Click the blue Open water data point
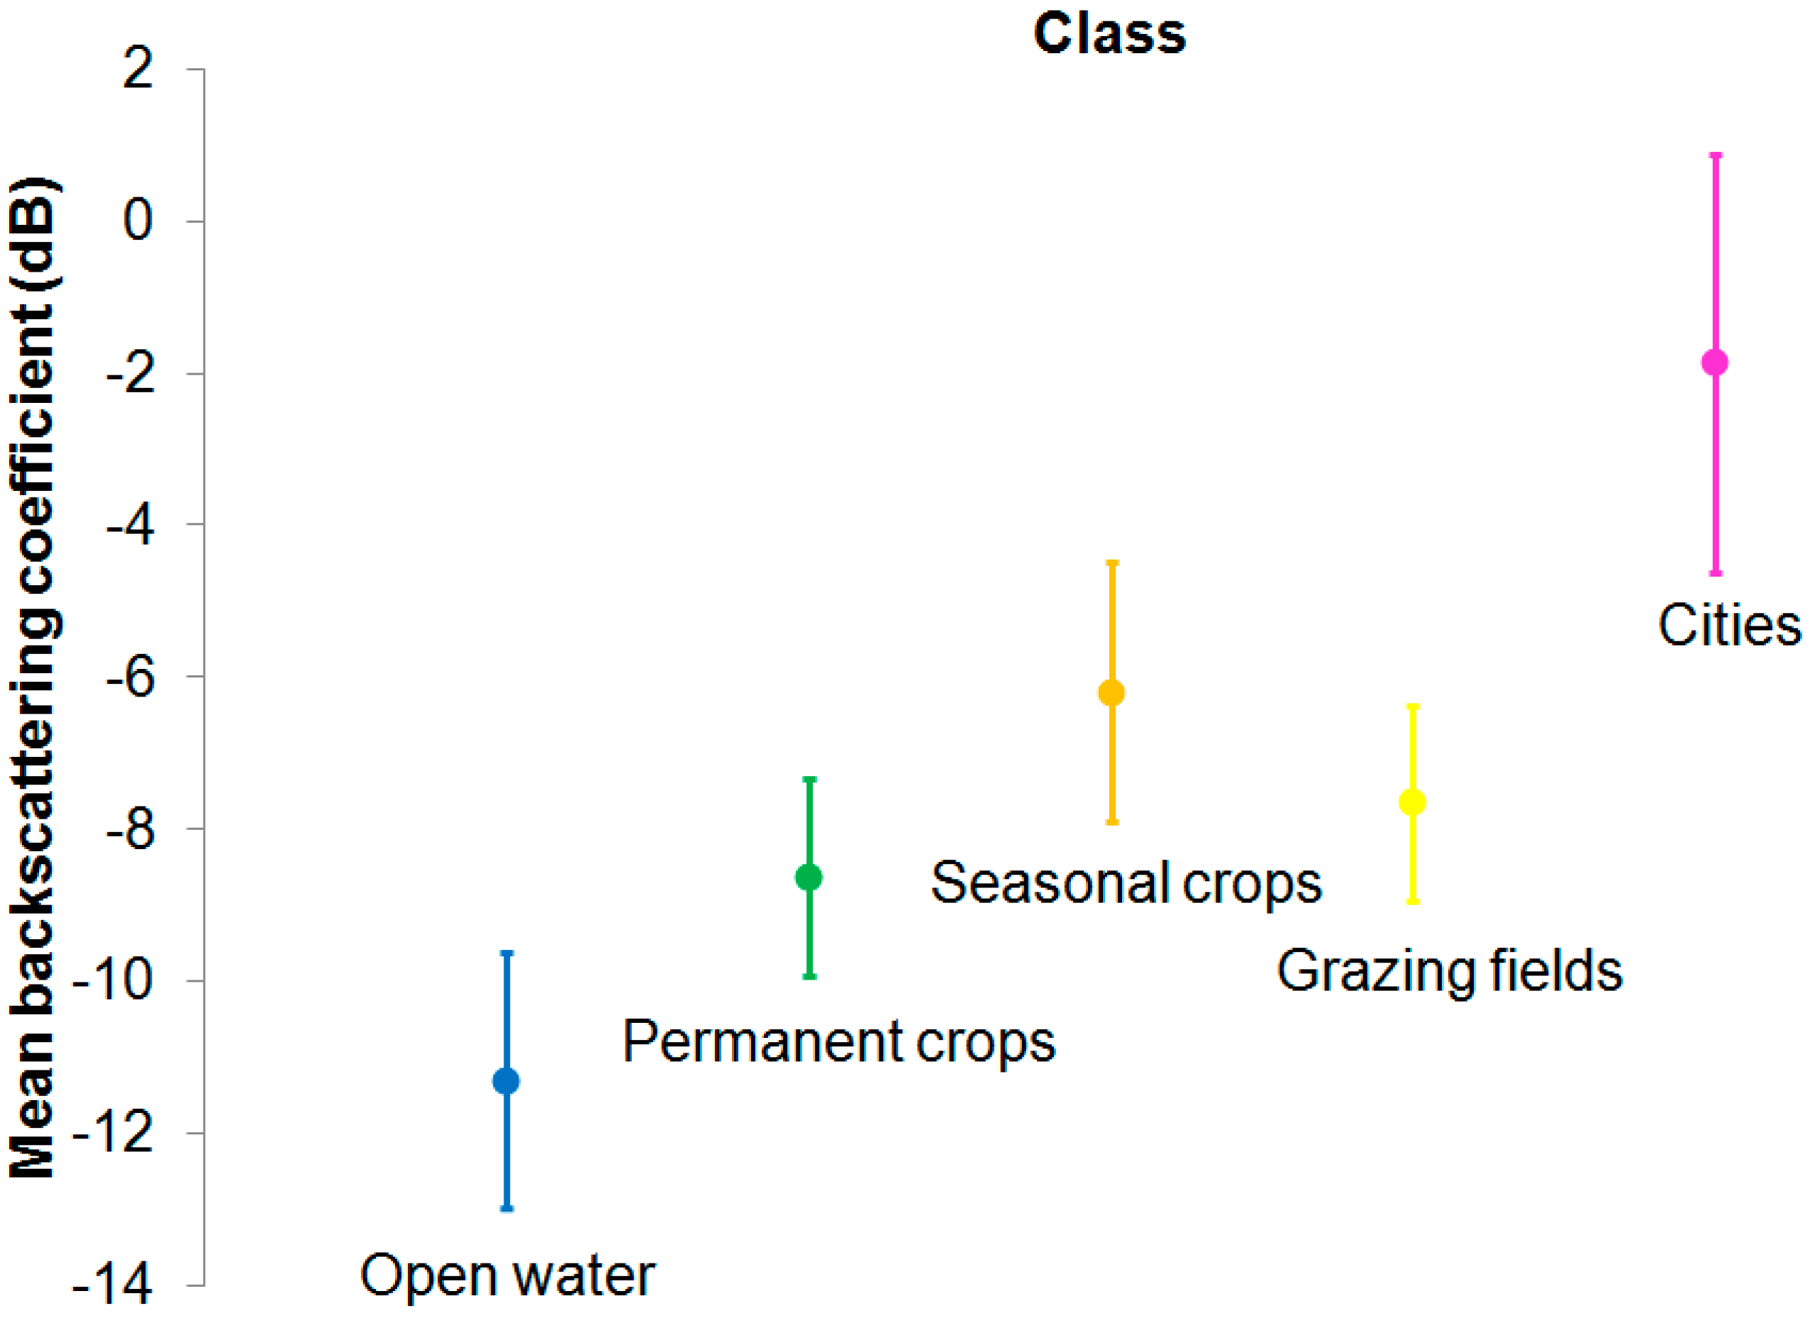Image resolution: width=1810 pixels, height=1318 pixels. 506,1081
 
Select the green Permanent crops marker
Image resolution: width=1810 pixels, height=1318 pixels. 809,877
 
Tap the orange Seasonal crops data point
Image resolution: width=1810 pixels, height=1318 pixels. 1111,693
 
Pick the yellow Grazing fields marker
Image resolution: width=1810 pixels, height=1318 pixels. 1413,802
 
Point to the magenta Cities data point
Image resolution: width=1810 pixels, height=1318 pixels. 1715,362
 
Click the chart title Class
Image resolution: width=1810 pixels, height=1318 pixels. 1109,33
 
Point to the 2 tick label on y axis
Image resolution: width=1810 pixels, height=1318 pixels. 138,70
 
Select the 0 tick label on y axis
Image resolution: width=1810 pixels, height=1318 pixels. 138,221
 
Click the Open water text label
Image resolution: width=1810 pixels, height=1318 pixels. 508,1275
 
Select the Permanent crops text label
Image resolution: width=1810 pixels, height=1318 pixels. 839,1042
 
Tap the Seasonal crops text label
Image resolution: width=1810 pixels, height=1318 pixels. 1126,883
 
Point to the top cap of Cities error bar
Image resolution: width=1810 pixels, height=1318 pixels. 1715,155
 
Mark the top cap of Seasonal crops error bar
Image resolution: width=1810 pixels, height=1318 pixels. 1111,563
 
